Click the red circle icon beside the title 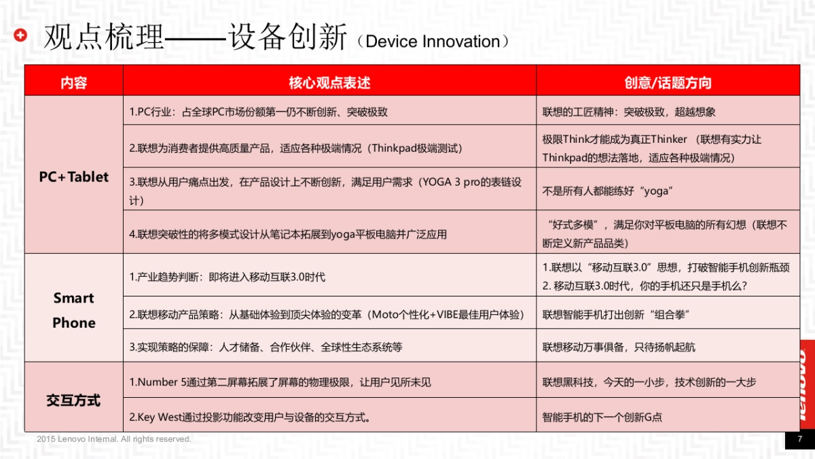(x=20, y=36)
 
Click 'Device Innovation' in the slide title (x=432, y=41)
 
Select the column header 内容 (x=73, y=83)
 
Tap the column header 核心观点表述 (x=329, y=83)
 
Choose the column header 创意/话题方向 (x=668, y=83)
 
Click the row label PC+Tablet (x=73, y=177)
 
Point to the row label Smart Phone (x=73, y=310)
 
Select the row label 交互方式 (x=73, y=401)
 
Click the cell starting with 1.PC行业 (x=258, y=112)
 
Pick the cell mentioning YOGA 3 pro (x=326, y=191)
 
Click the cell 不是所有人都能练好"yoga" (x=606, y=191)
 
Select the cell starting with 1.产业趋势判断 (x=227, y=277)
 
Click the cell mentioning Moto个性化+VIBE (x=326, y=314)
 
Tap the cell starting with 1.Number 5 (x=280, y=382)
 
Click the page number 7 (x=799, y=439)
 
